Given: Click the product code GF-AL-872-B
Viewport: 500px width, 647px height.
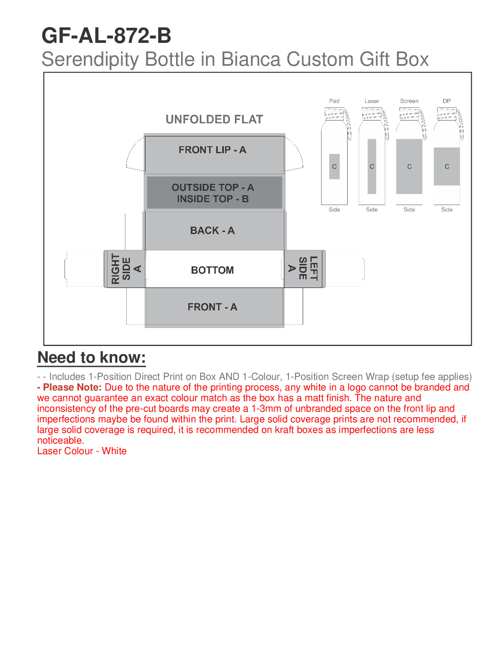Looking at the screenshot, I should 106,36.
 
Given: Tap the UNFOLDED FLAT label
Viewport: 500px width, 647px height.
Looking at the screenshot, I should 214,119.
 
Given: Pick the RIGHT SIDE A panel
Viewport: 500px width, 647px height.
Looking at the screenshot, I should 125,269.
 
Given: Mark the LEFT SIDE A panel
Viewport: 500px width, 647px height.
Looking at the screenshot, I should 304,269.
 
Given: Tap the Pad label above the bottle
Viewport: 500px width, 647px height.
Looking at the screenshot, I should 334,101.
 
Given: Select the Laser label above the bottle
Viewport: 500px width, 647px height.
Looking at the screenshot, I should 372,101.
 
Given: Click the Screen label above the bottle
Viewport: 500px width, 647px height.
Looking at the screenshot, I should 409,101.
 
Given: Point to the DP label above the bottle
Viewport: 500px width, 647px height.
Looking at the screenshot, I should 447,101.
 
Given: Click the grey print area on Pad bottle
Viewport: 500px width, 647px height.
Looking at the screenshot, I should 335,166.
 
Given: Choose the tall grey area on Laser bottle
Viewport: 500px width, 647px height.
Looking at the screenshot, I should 372,166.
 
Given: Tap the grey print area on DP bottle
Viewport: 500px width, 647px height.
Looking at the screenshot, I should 447,166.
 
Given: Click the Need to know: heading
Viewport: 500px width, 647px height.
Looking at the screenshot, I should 92,357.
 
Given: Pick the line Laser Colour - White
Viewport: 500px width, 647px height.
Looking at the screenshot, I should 82,451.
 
